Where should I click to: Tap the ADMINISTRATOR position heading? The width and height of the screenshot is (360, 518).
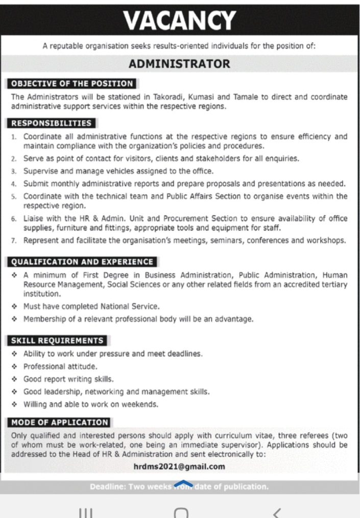[x=179, y=64]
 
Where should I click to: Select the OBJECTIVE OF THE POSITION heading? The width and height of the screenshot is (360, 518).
[x=72, y=84]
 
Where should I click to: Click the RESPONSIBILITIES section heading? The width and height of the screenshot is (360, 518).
[x=52, y=123]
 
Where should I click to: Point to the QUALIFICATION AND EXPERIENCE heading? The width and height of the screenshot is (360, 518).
[x=82, y=262]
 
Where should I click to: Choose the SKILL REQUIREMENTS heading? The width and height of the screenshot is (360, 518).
[x=57, y=341]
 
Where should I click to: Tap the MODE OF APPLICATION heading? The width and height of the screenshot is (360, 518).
[x=60, y=422]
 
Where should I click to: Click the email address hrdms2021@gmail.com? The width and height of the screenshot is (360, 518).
[x=179, y=466]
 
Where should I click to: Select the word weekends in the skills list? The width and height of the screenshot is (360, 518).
[x=141, y=405]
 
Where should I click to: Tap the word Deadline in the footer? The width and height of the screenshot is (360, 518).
[x=109, y=487]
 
